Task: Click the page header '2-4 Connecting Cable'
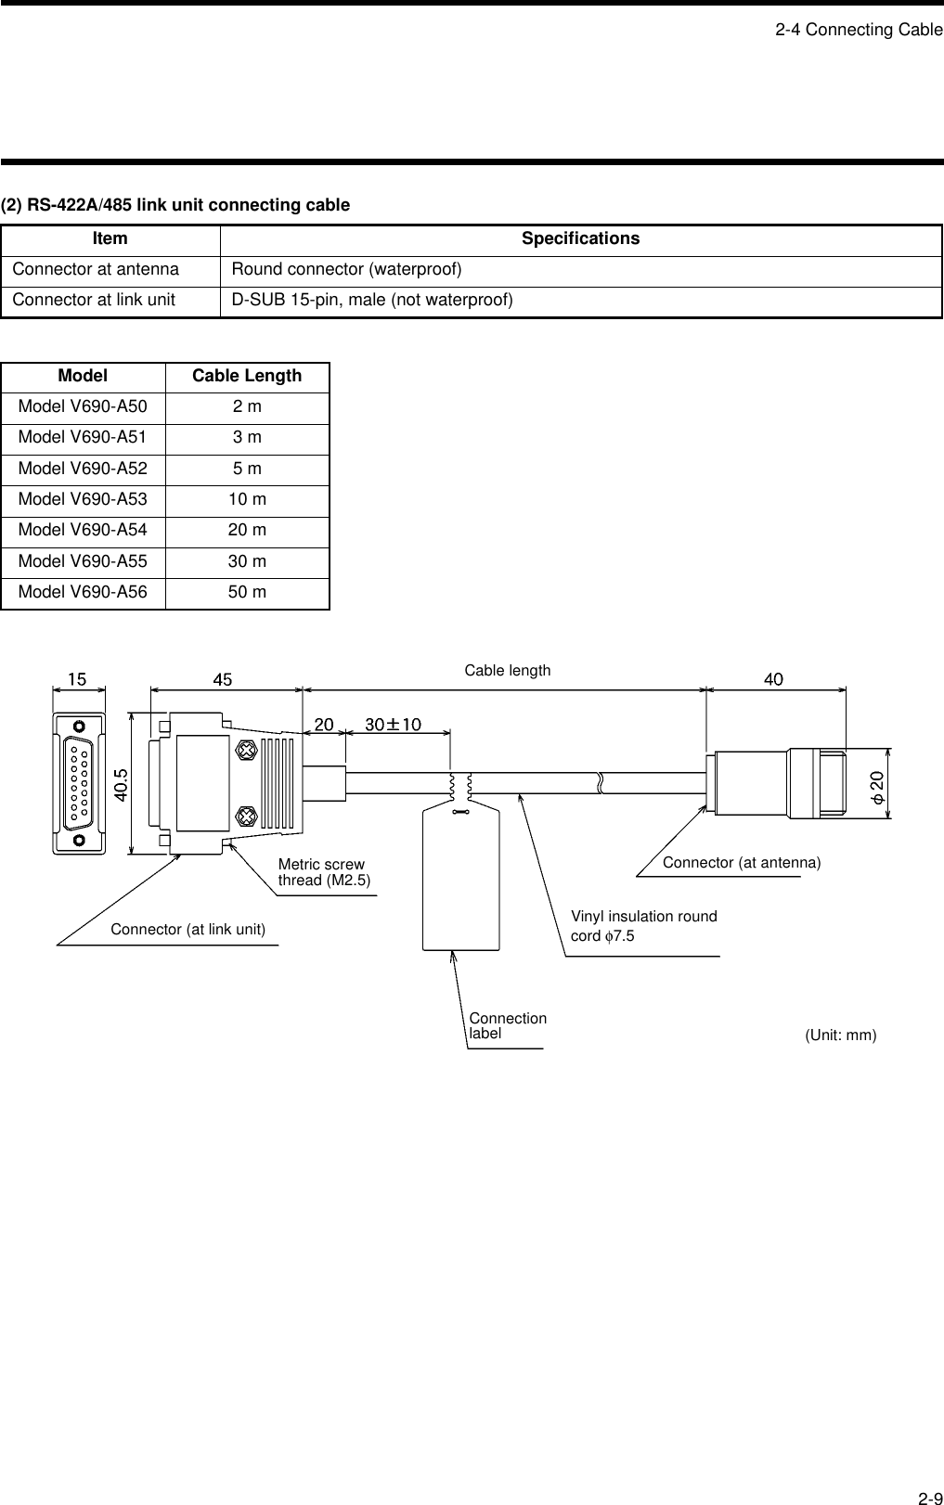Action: pos(859,30)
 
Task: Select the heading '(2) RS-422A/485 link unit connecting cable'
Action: pos(175,205)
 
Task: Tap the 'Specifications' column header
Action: pos(580,239)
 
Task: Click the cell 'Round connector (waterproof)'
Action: pos(346,270)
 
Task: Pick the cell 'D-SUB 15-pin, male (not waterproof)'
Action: pos(371,301)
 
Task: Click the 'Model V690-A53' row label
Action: pos(83,500)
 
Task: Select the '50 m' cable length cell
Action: pos(247,593)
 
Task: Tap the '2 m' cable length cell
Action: pos(247,407)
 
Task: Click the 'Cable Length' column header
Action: pos(247,377)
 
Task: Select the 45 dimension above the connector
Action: pos(223,680)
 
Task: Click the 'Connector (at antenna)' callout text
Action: pos(741,863)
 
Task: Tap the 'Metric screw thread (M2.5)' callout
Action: pos(323,873)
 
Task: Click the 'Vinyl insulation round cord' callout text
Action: pos(643,926)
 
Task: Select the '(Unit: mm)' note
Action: pos(840,1035)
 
